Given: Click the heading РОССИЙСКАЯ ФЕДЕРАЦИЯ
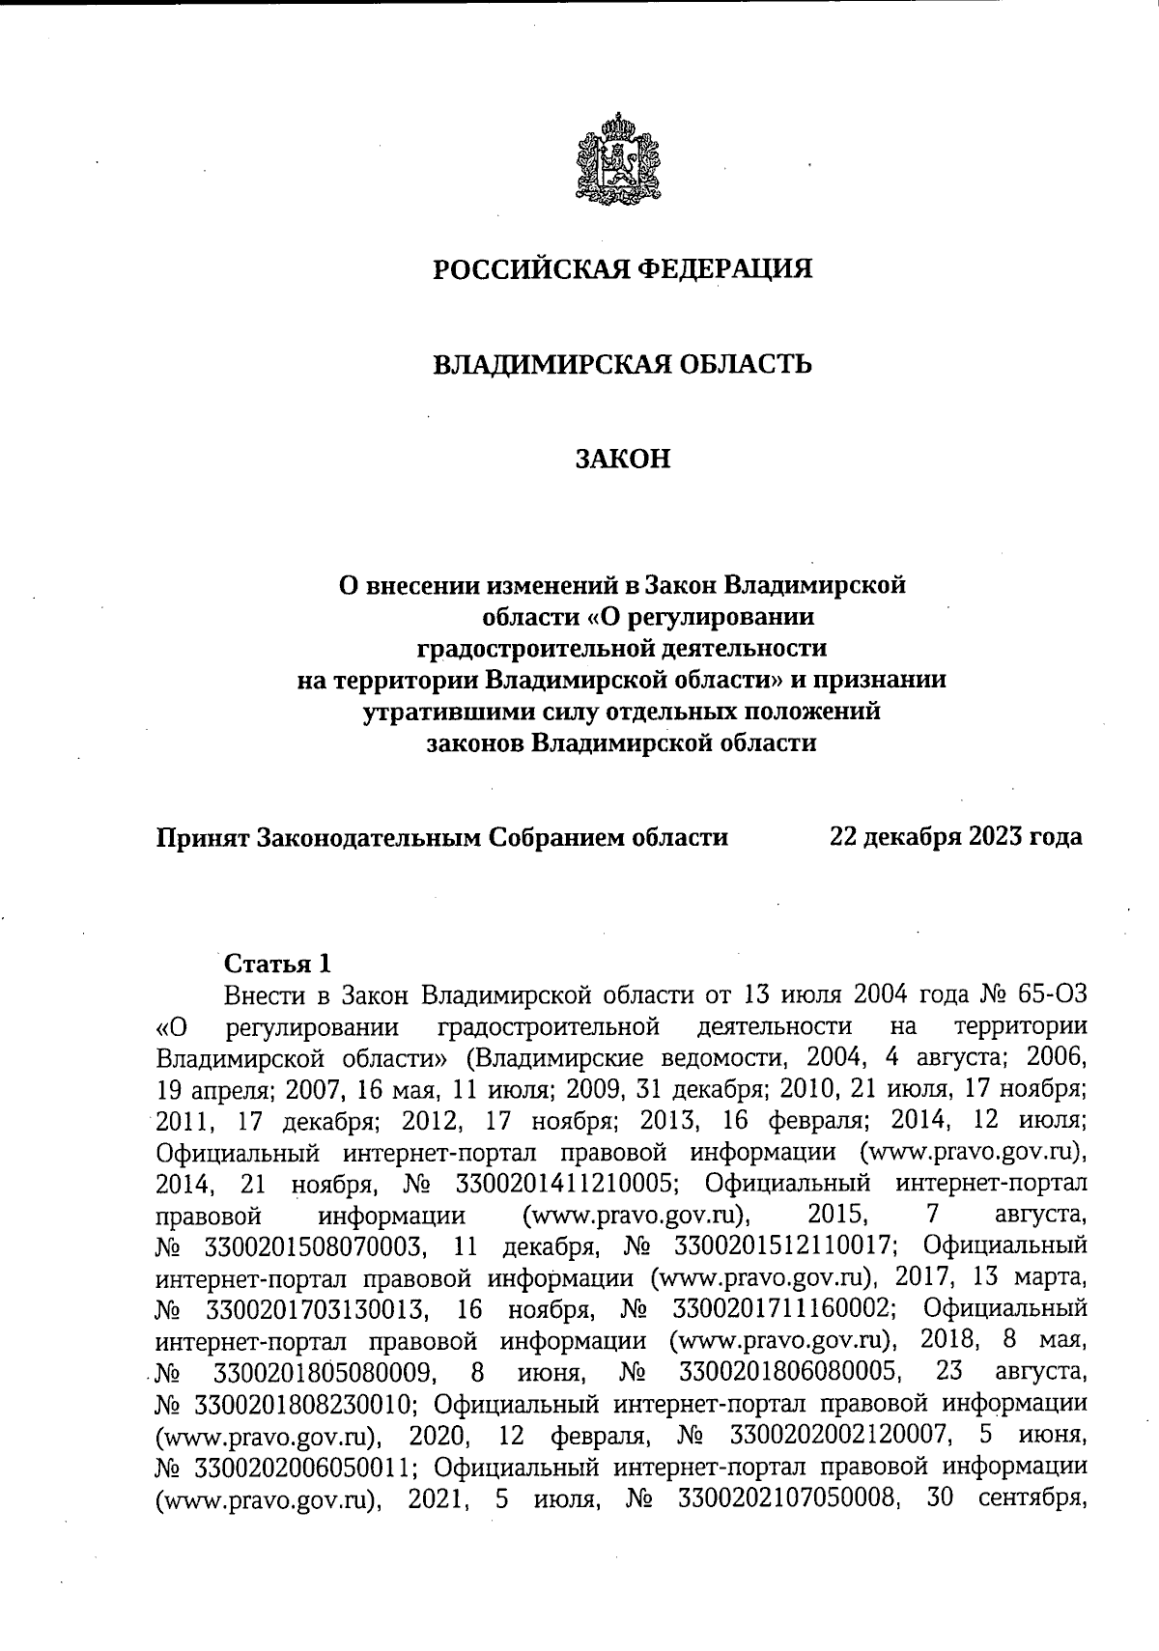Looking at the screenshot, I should [x=621, y=269].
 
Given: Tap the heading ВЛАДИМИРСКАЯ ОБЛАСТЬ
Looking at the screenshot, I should [x=621, y=365].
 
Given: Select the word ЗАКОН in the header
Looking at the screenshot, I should [x=622, y=459].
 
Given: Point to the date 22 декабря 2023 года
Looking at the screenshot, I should [x=955, y=836].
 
